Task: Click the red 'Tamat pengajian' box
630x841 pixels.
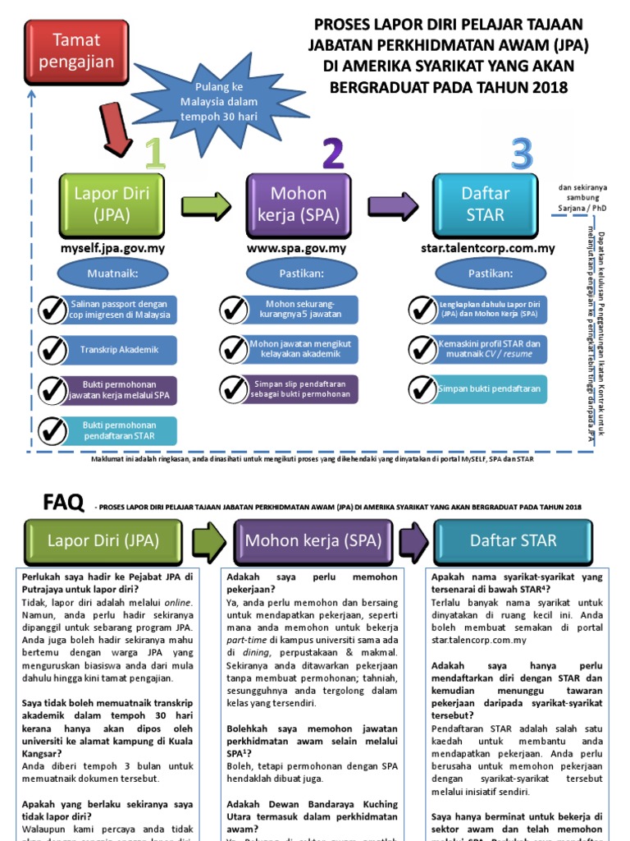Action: click(77, 50)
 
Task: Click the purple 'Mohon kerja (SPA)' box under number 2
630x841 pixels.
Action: click(299, 205)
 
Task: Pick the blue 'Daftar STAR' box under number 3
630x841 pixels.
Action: click(485, 205)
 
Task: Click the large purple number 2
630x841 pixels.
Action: click(332, 154)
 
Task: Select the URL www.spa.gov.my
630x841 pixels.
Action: click(295, 247)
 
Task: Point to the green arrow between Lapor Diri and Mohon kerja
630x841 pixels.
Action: click(205, 205)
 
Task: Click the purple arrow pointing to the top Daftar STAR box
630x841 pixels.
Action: click(391, 205)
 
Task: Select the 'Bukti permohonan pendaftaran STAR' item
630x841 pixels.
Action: click(118, 430)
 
